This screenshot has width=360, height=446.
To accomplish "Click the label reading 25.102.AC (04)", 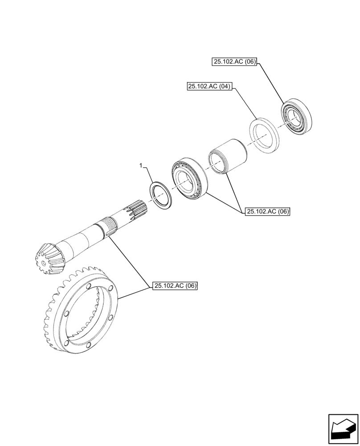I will [x=209, y=87].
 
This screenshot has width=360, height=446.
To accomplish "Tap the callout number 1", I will [x=141, y=165].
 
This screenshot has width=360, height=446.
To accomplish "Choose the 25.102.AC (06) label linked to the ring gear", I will [x=175, y=286].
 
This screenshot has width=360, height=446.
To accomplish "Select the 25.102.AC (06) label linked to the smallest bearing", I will [x=234, y=62].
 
